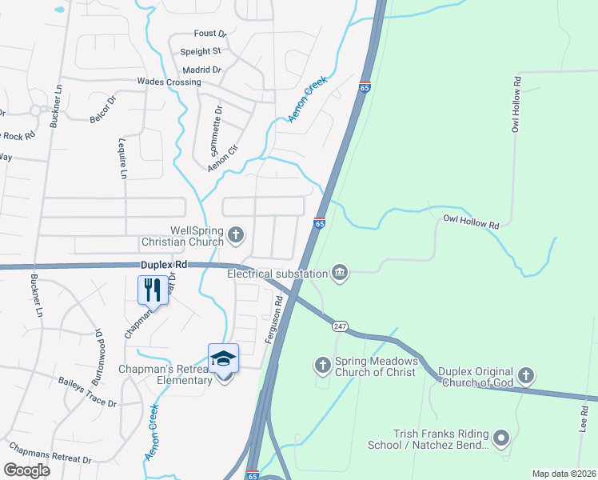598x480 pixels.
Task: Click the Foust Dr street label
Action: point(210,34)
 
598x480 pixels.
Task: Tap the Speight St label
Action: point(200,51)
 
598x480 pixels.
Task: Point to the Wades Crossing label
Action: point(169,82)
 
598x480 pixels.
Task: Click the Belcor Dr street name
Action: point(103,109)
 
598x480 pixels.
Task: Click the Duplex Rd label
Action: point(163,263)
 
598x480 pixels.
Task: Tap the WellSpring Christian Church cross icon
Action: point(235,234)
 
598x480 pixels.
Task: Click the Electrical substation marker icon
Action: point(340,274)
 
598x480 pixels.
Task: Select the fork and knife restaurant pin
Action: point(152,289)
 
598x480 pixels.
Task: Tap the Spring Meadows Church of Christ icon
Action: point(323,366)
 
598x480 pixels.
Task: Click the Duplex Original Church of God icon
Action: point(525,374)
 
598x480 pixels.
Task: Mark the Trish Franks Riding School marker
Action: point(501,438)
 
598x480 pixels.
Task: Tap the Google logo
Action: point(27,470)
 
